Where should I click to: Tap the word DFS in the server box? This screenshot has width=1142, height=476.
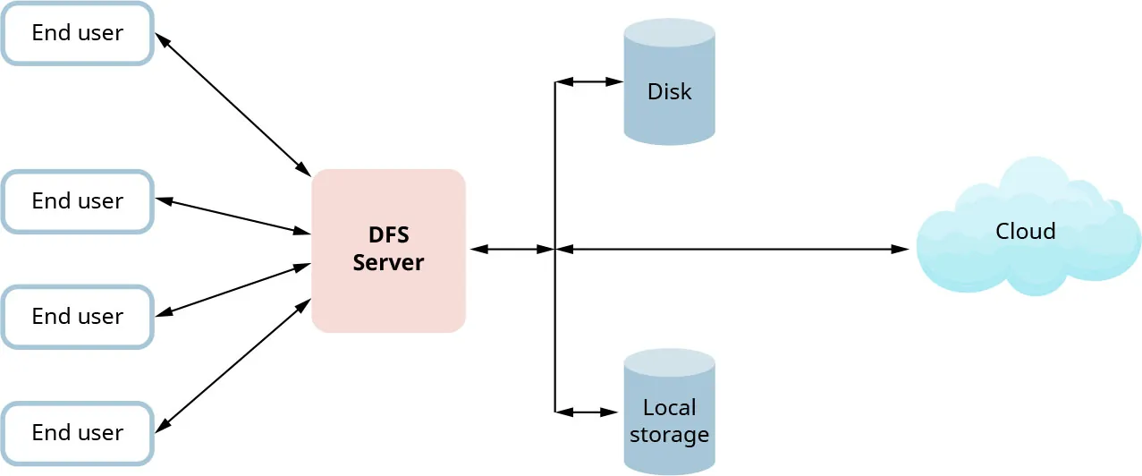388,235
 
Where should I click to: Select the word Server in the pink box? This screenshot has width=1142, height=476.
388,264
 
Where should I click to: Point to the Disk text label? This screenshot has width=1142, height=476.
669,92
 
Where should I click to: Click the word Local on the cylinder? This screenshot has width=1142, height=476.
669,408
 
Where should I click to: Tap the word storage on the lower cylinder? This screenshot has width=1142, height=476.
669,436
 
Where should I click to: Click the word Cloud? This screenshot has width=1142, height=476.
1025,232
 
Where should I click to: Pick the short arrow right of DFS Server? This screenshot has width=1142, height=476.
511,250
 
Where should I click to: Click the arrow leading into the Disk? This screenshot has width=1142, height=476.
589,82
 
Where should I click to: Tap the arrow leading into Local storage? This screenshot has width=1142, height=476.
588,412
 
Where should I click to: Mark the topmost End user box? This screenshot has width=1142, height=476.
78,33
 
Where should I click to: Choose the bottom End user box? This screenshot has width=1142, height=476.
78,433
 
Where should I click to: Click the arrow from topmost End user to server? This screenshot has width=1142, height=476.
233,104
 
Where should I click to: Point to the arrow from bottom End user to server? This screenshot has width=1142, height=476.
233,367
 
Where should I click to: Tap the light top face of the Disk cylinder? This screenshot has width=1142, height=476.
669,33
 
